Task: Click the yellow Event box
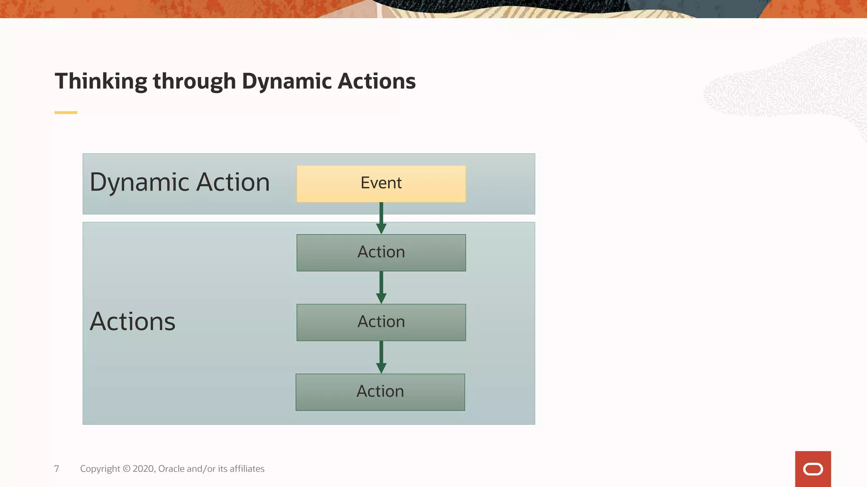[x=381, y=183]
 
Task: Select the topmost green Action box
[x=381, y=252]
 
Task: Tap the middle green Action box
[x=381, y=322]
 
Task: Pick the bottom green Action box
[x=380, y=392]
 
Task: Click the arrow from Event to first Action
[x=381, y=218]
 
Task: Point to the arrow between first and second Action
[x=381, y=287]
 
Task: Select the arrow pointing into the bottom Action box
[x=381, y=357]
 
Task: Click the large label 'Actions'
[x=133, y=321]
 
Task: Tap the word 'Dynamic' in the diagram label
[x=139, y=183]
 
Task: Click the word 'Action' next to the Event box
[x=233, y=183]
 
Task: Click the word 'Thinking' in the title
[x=101, y=81]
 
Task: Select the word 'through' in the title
[x=194, y=81]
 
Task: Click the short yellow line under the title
[x=66, y=112]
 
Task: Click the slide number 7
[x=57, y=468]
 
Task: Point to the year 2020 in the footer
[x=144, y=468]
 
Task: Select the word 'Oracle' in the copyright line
[x=171, y=468]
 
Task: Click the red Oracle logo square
[x=813, y=469]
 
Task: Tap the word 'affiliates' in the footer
[x=247, y=468]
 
